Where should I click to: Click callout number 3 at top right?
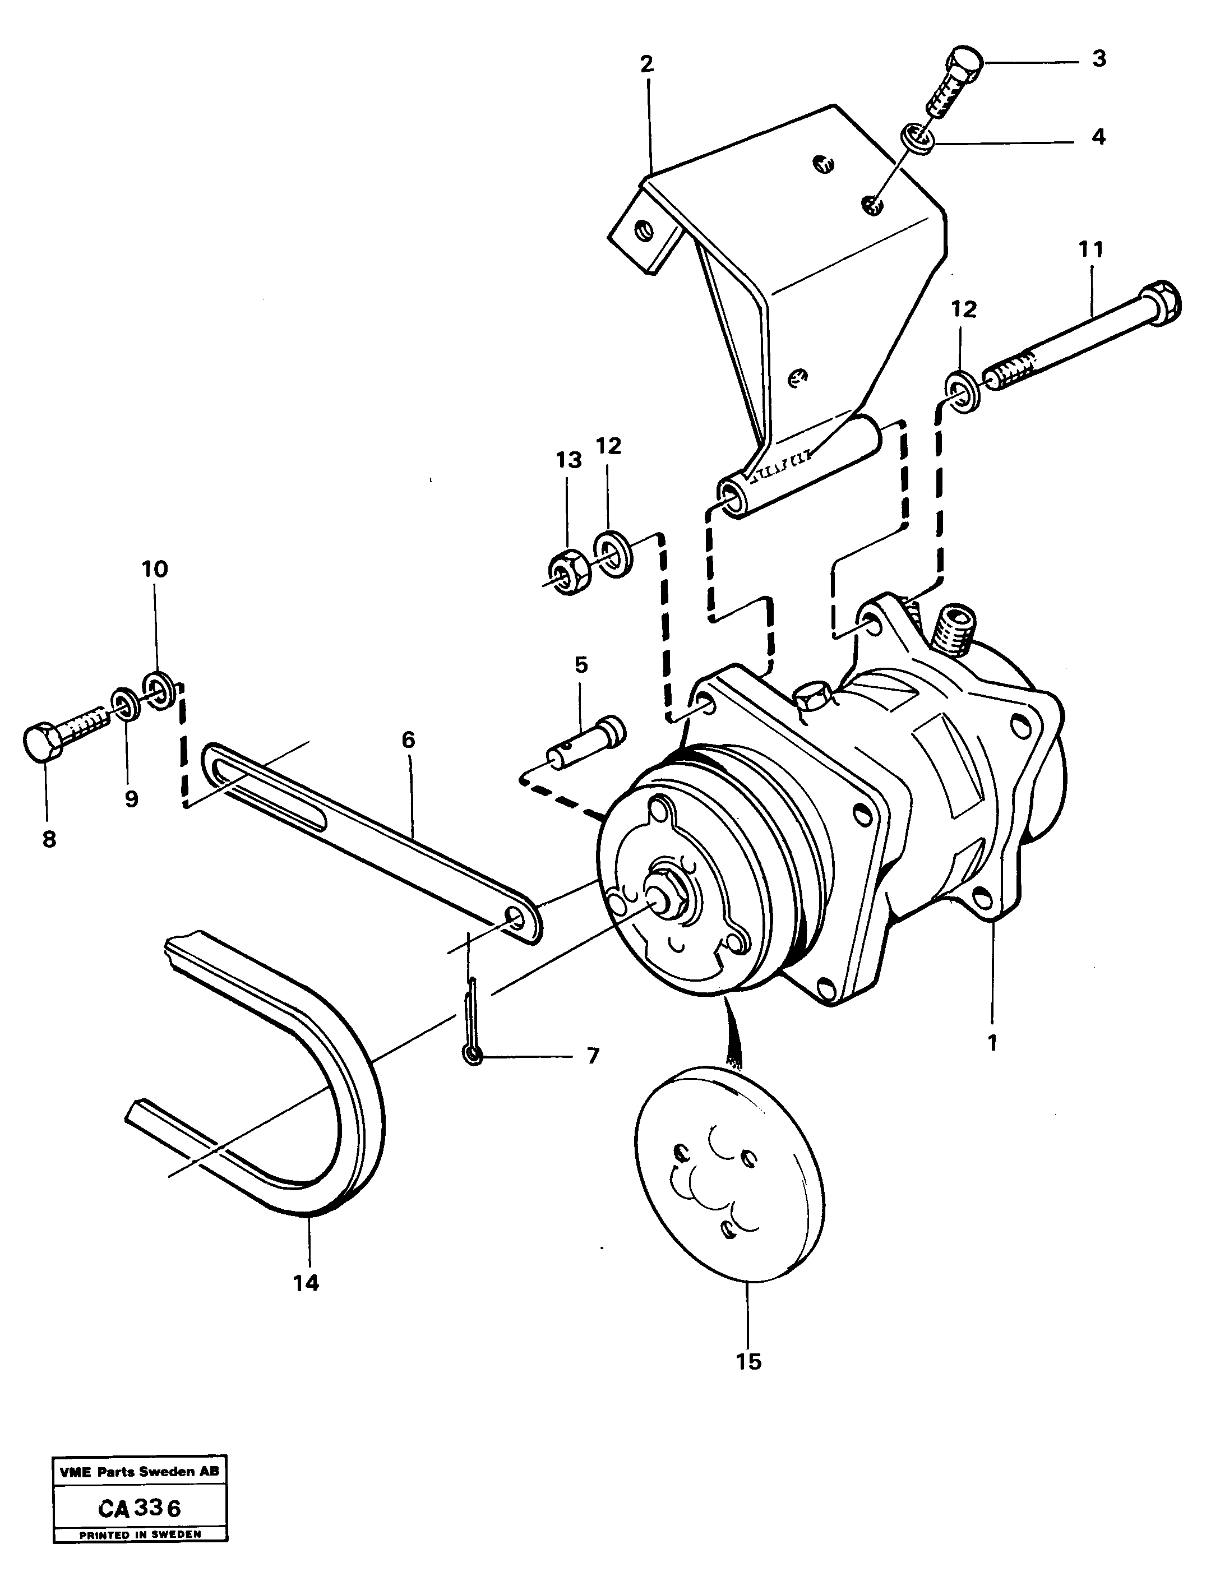pyautogui.click(x=1099, y=59)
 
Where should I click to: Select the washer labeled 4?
pyautogui.click(x=917, y=138)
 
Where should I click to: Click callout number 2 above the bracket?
pyautogui.click(x=646, y=64)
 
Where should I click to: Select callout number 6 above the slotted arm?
pyautogui.click(x=408, y=741)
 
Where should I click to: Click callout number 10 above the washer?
pyautogui.click(x=154, y=569)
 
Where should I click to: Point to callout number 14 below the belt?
pyautogui.click(x=306, y=1283)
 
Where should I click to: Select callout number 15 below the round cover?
pyautogui.click(x=748, y=1362)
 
